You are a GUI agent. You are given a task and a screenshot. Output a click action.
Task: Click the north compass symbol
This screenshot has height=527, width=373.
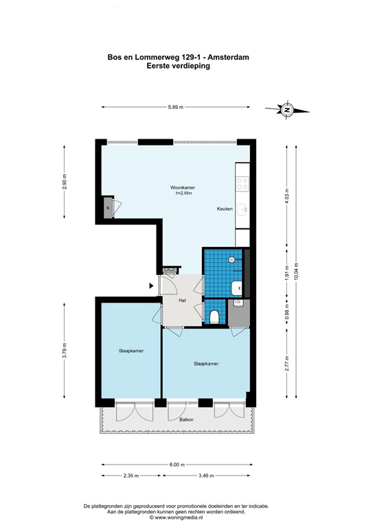coord(287,110)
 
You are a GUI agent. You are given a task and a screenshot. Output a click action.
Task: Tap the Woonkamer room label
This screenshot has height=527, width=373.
coord(183,187)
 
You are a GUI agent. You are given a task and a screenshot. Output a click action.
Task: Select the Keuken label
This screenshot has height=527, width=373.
coord(225,209)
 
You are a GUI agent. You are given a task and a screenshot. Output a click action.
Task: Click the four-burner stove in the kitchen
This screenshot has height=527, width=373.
coord(242,183)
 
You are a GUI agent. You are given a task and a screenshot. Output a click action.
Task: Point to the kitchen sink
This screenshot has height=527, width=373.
coord(242,209)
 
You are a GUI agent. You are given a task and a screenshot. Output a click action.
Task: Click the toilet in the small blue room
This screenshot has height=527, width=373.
coord(214,317)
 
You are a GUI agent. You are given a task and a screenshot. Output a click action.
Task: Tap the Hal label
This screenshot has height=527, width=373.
coord(182,301)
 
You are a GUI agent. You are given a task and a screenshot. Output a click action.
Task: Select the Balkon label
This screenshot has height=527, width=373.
coord(186,419)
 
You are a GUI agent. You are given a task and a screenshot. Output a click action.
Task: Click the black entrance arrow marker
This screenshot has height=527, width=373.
coord(151,285)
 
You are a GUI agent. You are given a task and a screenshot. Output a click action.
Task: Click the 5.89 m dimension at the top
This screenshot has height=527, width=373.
coord(176,107)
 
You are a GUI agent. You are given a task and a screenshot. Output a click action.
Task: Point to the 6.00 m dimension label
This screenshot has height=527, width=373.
coord(177,465)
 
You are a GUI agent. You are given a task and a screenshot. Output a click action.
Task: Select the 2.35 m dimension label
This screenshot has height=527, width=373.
coord(131,476)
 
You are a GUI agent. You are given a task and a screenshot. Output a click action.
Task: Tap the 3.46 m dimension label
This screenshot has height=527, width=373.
coord(206,476)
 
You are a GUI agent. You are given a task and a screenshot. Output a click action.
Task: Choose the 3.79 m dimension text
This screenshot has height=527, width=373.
coord(65,351)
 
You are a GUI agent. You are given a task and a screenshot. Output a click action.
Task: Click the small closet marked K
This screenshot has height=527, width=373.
coord(108,208)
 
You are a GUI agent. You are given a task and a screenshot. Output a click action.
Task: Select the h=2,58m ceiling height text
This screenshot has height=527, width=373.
coord(183,194)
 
